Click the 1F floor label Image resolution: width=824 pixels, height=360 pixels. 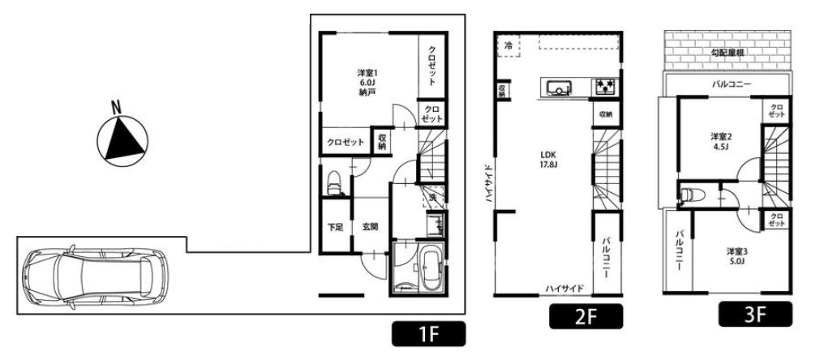(429, 332)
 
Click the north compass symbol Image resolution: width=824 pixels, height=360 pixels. (122, 137)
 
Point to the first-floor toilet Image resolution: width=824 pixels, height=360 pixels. (332, 185)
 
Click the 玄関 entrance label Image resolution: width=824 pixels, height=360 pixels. (371, 227)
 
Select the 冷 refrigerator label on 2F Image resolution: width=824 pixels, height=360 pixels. (507, 45)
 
